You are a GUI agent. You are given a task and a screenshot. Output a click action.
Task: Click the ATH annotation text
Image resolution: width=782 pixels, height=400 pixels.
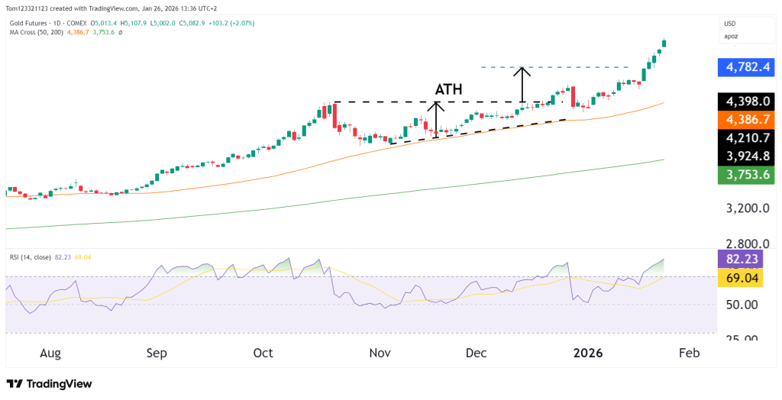tap(448, 89)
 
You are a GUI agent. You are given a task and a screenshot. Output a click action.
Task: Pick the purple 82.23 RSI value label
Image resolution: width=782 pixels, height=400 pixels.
tap(745, 259)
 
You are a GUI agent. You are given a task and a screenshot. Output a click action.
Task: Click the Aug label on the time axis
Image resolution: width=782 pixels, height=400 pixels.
tap(50, 353)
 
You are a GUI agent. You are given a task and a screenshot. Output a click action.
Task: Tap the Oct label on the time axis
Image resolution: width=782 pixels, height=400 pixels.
tap(263, 353)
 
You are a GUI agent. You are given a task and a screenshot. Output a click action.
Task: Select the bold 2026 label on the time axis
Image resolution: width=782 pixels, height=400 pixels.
tap(588, 353)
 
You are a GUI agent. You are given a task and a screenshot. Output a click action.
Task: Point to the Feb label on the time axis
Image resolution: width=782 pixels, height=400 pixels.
tap(689, 353)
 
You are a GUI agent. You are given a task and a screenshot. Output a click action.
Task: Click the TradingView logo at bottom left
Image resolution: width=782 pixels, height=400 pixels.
tap(49, 384)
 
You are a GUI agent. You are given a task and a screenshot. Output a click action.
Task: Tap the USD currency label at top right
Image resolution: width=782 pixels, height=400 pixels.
tap(731, 24)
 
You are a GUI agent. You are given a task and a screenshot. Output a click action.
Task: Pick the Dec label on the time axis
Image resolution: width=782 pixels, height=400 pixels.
tap(476, 353)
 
